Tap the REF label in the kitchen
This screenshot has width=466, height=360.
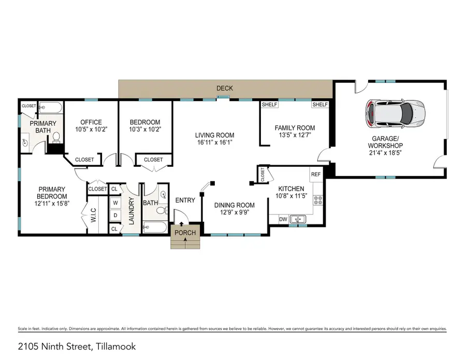point(316,175)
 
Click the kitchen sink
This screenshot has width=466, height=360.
point(298,219)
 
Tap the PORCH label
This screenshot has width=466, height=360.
point(185,233)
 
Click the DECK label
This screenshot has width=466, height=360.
point(225,89)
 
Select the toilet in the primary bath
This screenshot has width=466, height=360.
point(57,137)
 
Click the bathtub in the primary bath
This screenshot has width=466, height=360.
point(51,108)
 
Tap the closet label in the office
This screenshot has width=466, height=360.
point(84,160)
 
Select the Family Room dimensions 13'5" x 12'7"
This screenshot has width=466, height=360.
point(295,136)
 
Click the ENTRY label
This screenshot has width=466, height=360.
point(184,200)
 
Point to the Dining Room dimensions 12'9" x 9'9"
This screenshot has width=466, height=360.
point(235,212)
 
